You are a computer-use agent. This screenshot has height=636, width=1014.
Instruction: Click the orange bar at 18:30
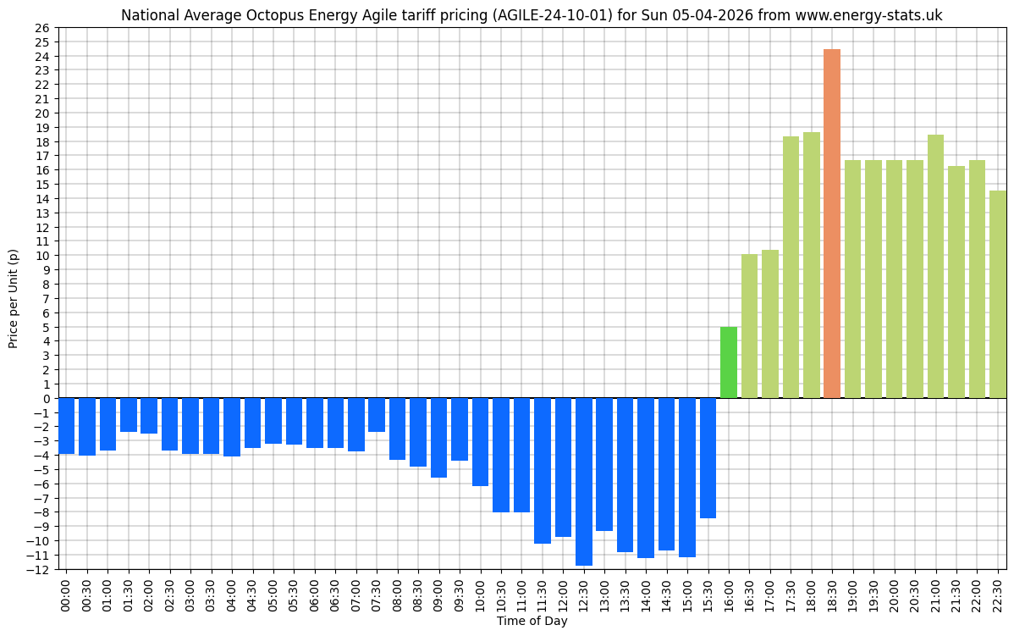click(x=832, y=224)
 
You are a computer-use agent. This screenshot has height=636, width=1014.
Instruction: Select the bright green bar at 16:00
click(x=729, y=362)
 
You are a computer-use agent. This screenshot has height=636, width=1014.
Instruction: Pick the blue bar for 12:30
click(x=584, y=481)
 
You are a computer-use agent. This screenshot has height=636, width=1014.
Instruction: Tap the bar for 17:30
click(x=791, y=267)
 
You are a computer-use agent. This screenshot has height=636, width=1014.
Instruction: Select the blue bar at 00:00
click(x=66, y=426)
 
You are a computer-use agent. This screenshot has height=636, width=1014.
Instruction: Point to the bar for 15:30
click(x=708, y=457)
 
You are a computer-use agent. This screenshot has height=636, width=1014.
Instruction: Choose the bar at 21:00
click(x=935, y=266)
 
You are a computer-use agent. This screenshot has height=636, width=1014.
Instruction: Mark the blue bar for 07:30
click(x=377, y=415)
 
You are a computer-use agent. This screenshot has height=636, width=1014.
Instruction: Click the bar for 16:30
click(x=749, y=326)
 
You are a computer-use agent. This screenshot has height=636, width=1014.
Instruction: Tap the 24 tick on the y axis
click(x=41, y=57)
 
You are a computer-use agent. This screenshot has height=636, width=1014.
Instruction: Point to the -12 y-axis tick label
click(x=39, y=569)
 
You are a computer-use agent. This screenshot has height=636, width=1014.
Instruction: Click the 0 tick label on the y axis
click(x=45, y=398)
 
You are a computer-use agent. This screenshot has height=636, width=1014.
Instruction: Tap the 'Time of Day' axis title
click(x=532, y=622)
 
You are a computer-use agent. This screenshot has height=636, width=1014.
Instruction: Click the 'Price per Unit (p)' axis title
click(x=14, y=298)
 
